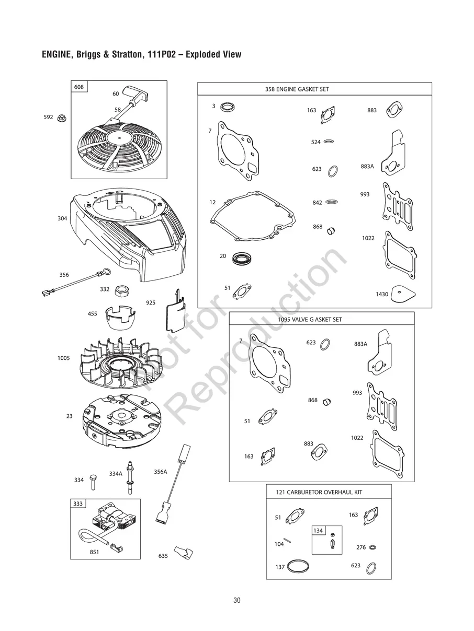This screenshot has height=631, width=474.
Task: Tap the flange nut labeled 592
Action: (x=62, y=118)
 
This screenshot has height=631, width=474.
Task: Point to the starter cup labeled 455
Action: (x=120, y=318)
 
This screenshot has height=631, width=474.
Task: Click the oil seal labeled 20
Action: (x=242, y=258)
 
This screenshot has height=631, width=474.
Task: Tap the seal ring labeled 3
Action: (x=228, y=107)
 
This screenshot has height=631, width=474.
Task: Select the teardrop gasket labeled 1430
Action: (x=403, y=294)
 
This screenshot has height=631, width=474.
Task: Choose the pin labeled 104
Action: (x=287, y=541)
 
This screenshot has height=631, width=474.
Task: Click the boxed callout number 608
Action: (x=79, y=87)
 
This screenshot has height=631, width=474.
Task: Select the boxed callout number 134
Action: (x=318, y=530)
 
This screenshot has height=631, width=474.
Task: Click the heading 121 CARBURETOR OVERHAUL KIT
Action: (x=319, y=492)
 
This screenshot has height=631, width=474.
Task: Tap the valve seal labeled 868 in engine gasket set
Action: (x=332, y=230)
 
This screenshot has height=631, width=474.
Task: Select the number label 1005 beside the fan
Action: (x=64, y=358)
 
